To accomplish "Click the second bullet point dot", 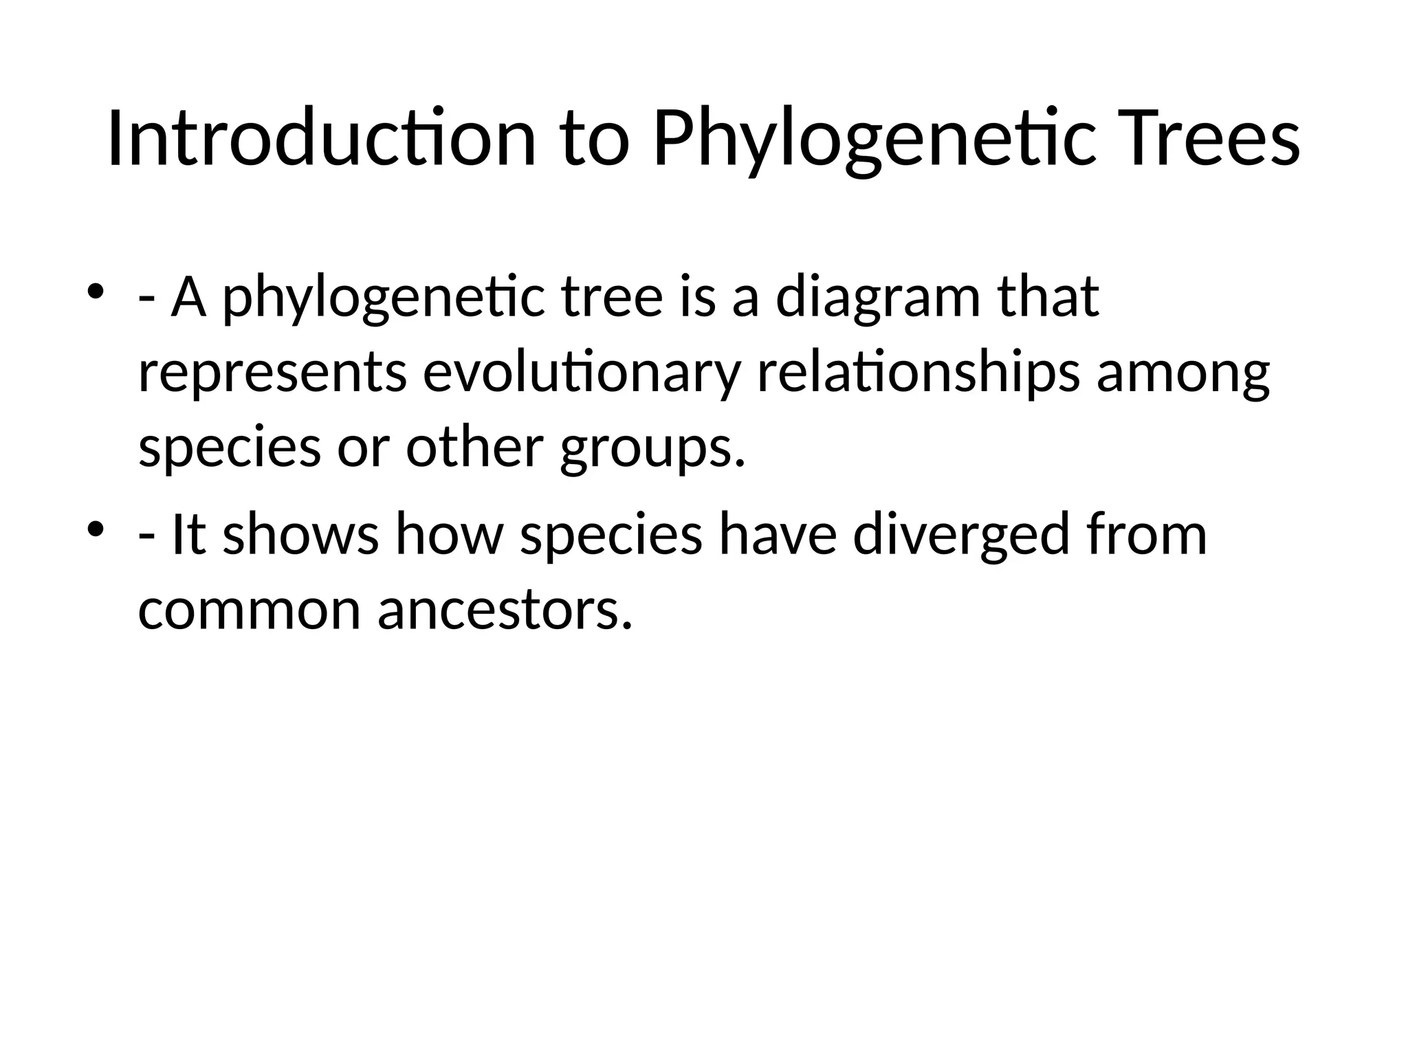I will pos(96,527).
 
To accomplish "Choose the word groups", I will pos(652,449).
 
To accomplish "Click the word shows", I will pos(301,536).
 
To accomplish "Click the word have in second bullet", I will pos(778,536).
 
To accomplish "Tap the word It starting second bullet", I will pos(188,536).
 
